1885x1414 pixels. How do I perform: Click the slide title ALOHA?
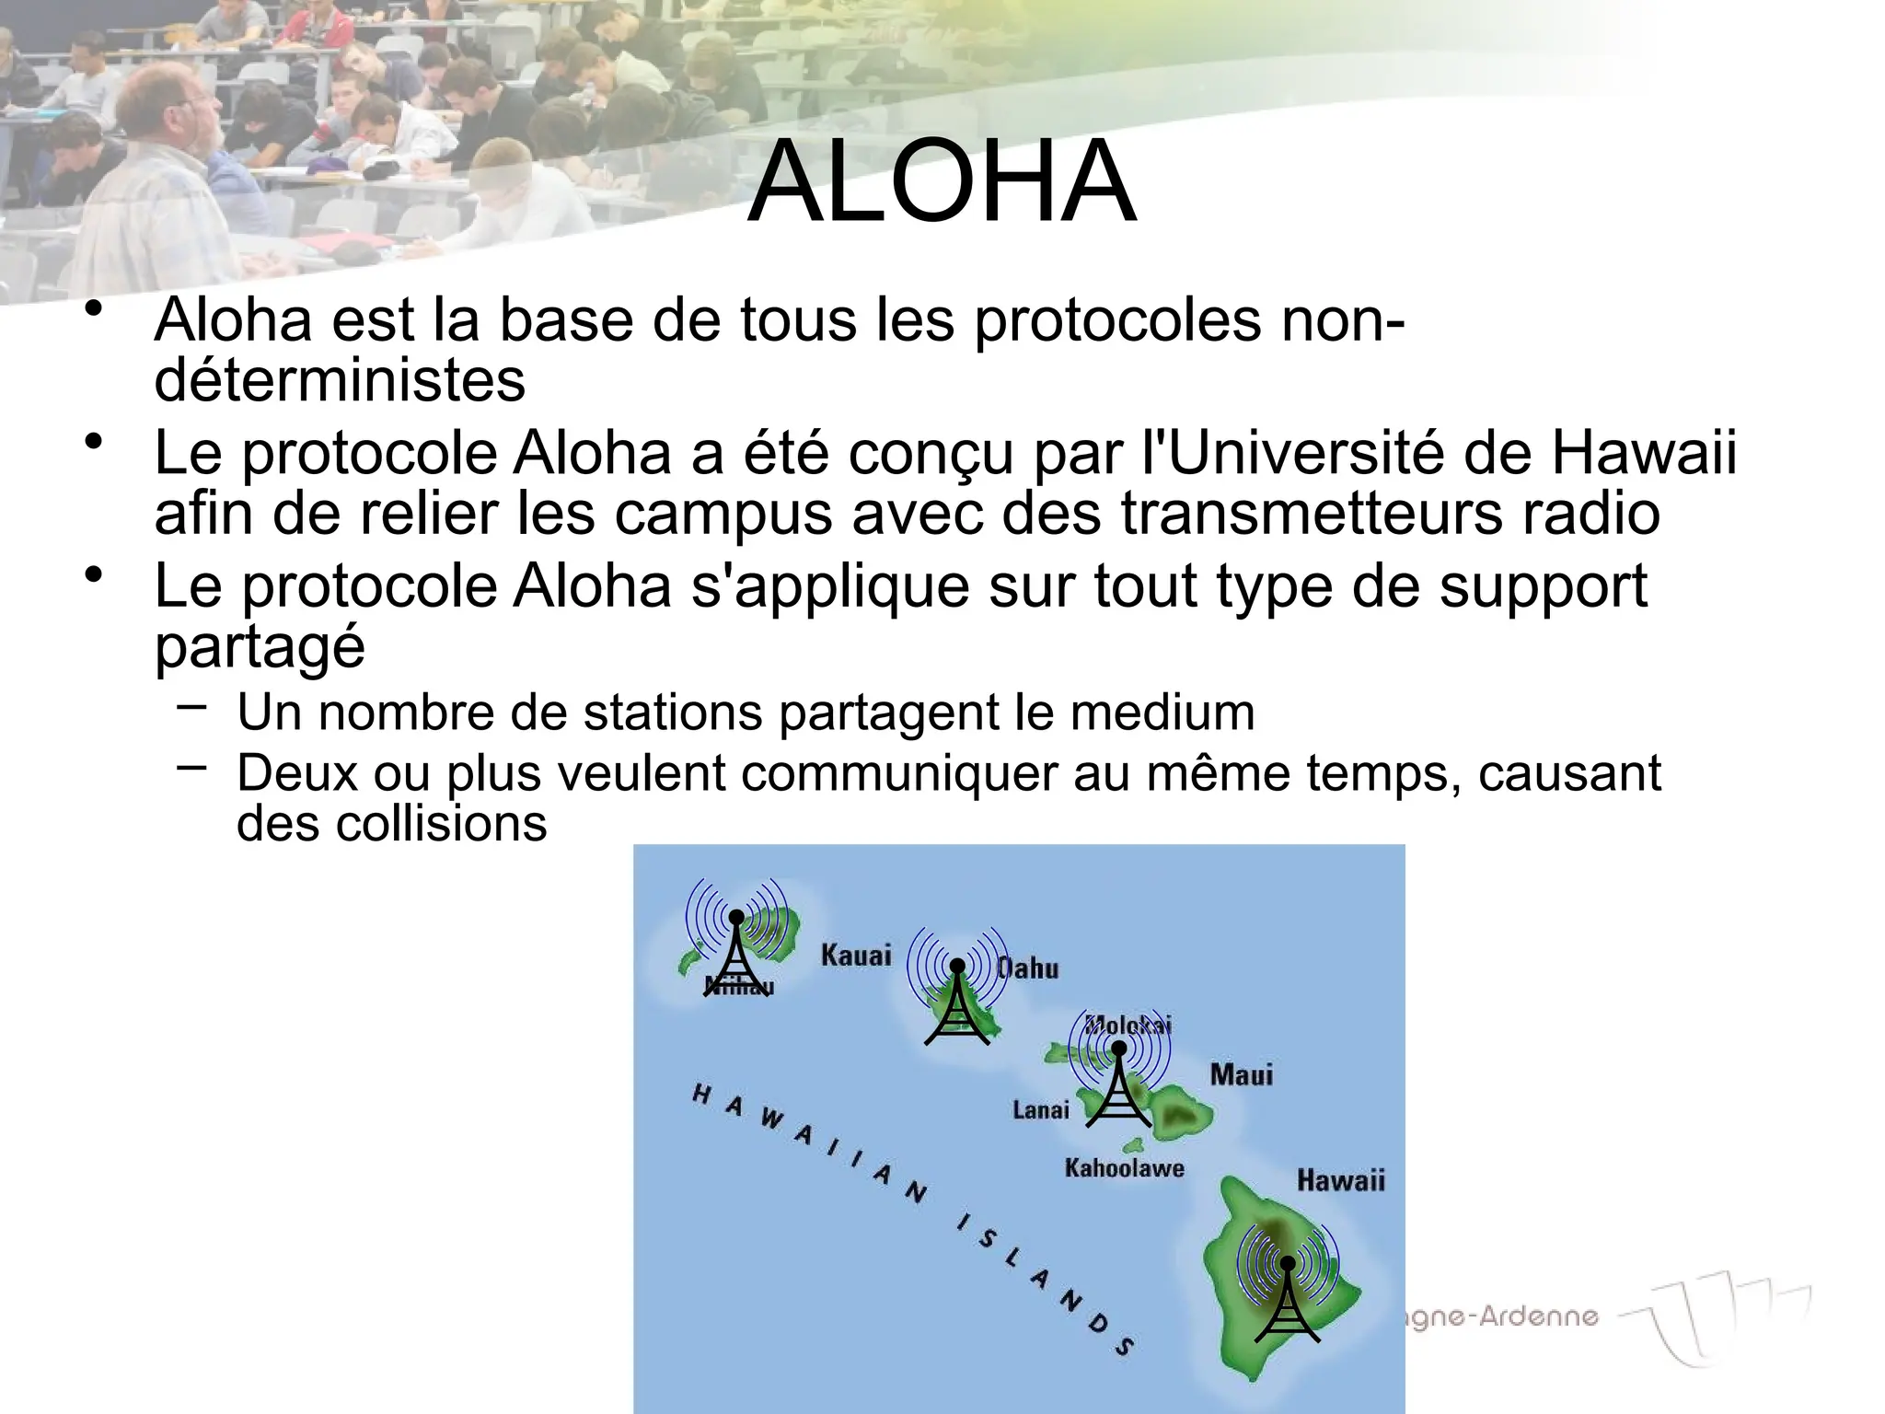click(942, 182)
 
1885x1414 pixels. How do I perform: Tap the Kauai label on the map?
click(855, 955)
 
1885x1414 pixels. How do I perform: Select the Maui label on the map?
click(1241, 1074)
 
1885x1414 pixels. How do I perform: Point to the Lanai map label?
click(1040, 1109)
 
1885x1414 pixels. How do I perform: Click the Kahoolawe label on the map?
click(1124, 1168)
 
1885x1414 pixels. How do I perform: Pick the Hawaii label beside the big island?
click(1340, 1180)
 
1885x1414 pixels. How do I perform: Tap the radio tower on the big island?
click(1287, 1298)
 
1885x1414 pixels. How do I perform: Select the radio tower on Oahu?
click(957, 1003)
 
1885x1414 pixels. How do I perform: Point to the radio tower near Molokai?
click(1118, 1087)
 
